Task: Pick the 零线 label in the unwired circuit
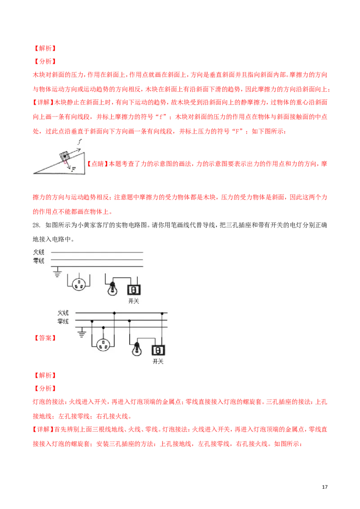click(x=38, y=260)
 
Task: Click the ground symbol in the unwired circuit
click(x=57, y=273)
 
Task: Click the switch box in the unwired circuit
click(x=134, y=290)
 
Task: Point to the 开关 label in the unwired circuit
click(x=134, y=301)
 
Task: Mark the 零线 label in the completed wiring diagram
click(x=63, y=321)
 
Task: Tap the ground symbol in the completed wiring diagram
click(x=82, y=334)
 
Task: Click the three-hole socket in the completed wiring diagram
click(x=103, y=345)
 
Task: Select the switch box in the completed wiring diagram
click(x=158, y=349)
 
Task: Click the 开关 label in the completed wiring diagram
click(x=158, y=361)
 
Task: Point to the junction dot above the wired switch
click(x=162, y=313)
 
